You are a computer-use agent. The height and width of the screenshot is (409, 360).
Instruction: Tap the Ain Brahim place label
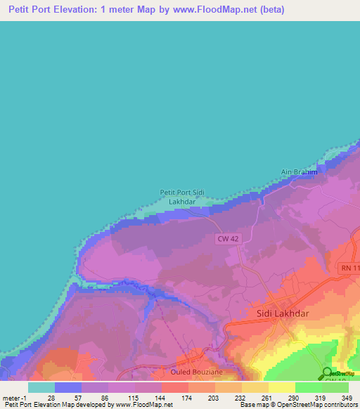tap(300, 171)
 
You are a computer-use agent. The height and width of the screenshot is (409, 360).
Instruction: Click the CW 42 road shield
tap(226, 240)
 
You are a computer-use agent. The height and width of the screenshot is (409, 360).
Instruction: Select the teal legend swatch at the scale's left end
tap(41, 387)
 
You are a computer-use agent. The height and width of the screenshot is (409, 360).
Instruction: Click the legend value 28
tap(51, 397)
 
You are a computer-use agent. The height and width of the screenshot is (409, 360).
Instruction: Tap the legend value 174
tap(188, 397)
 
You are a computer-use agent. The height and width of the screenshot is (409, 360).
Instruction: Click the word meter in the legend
tap(11, 397)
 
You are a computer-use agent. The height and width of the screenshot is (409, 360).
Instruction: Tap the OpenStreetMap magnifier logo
tap(328, 373)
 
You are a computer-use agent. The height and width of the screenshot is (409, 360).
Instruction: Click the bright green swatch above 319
tap(309, 387)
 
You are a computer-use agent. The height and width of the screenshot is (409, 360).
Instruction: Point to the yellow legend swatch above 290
tap(282, 387)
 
